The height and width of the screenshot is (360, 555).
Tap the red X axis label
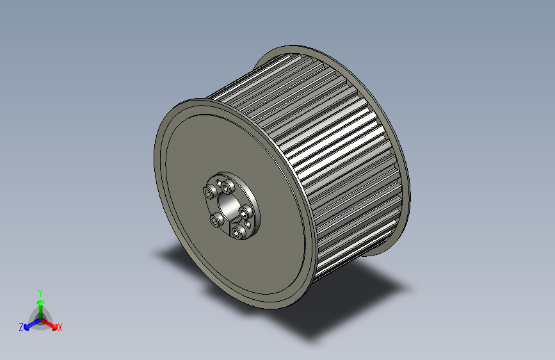pyautogui.click(x=60, y=327)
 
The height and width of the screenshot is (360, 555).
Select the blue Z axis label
pyautogui.click(x=21, y=327)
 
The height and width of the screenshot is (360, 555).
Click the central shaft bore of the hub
pyautogui.click(x=228, y=206)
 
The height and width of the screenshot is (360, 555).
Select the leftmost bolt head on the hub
pyautogui.click(x=207, y=192)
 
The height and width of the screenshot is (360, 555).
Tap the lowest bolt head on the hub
pyautogui.click(x=236, y=233)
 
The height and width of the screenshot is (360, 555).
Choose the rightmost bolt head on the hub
pyautogui.click(x=243, y=213)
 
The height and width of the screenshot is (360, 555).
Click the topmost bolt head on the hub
pyautogui.click(x=225, y=187)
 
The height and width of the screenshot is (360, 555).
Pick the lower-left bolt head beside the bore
pyautogui.click(x=215, y=220)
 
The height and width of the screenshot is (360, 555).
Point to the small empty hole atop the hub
pyautogui.click(x=218, y=183)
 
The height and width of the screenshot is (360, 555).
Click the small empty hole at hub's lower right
pyautogui.click(x=248, y=224)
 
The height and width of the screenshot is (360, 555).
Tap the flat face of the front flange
pyautogui.click(x=192, y=243)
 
